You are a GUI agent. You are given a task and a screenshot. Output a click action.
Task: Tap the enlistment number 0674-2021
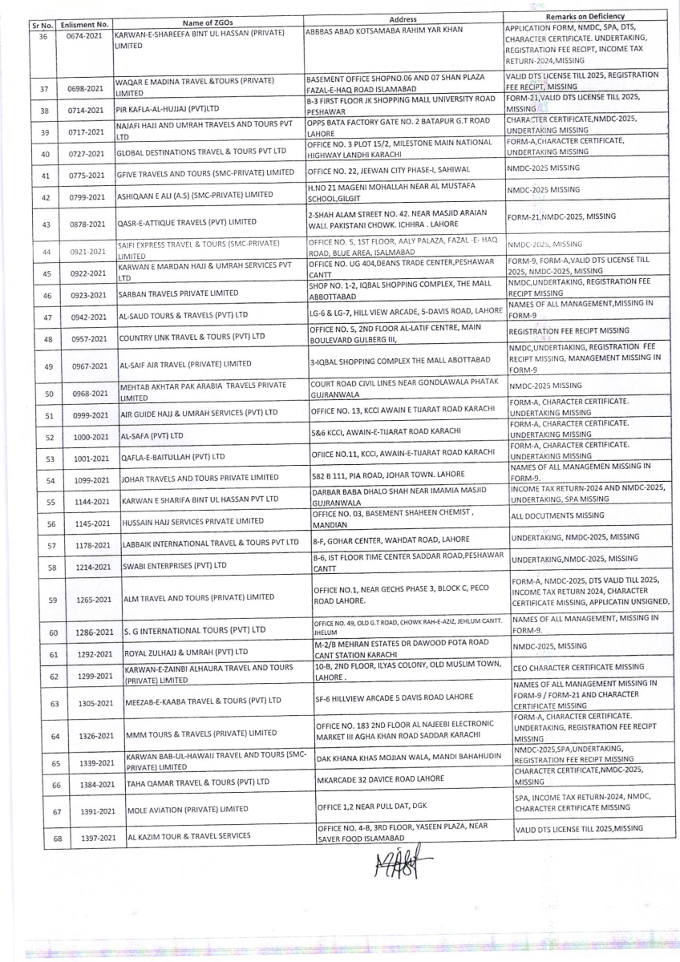pos(84,37)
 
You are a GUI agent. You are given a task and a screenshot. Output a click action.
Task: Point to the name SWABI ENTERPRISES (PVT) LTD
pos(174,565)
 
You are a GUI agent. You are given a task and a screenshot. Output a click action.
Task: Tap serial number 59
pos(52,599)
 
